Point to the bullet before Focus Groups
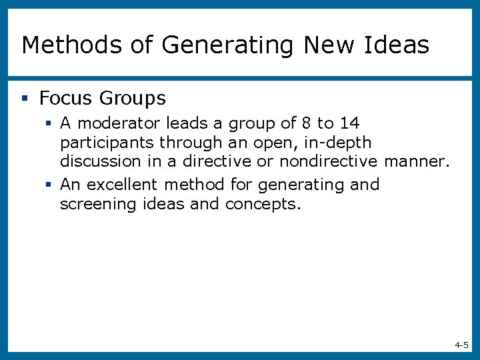click(25, 99)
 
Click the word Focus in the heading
click(65, 99)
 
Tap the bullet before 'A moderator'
click(49, 123)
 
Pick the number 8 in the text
click(306, 123)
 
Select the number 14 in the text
click(349, 123)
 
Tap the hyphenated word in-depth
click(339, 142)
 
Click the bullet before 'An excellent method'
click(49, 185)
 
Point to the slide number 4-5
click(461, 345)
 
